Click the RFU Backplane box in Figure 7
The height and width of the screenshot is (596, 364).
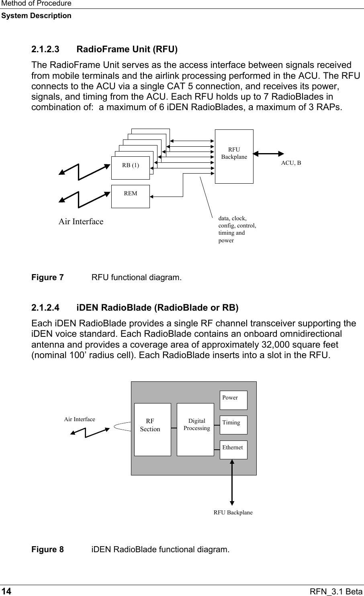click(234, 156)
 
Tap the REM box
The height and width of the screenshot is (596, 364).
click(131, 196)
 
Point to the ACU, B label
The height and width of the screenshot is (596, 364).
click(291, 163)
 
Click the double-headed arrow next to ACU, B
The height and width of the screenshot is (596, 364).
click(268, 153)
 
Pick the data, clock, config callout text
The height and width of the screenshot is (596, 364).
click(237, 229)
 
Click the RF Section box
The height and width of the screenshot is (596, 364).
click(152, 429)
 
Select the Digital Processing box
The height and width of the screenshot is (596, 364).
click(195, 429)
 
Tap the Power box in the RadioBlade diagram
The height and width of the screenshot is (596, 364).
click(233, 400)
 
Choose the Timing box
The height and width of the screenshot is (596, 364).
click(233, 425)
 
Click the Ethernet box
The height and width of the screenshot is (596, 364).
click(233, 450)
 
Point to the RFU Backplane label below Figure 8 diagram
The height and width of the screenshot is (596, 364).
click(233, 512)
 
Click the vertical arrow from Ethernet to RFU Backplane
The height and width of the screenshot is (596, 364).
click(232, 482)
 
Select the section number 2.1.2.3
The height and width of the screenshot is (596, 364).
click(45, 50)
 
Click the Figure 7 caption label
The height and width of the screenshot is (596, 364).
click(47, 278)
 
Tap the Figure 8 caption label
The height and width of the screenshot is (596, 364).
click(47, 549)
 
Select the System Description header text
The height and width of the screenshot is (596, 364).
click(36, 16)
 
